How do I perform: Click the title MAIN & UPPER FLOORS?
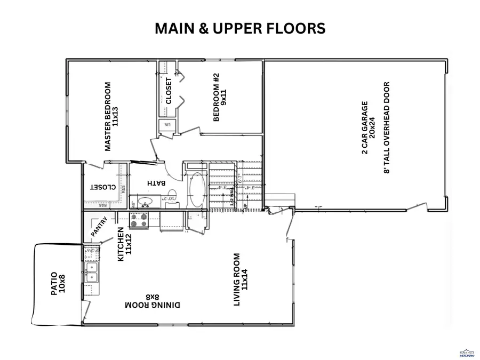(x=240, y=29)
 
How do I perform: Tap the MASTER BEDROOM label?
(x=111, y=116)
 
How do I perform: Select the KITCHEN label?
(x=124, y=244)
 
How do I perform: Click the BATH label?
(x=155, y=183)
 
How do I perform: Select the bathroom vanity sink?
(x=145, y=202)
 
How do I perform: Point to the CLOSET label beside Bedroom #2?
(x=169, y=91)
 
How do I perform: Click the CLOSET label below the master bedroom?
(x=103, y=187)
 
